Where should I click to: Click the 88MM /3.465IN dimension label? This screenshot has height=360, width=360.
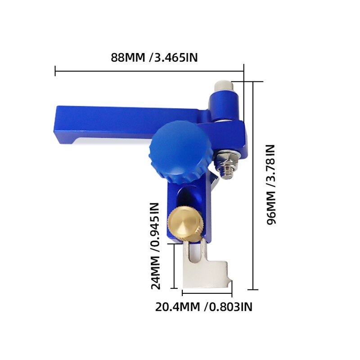click(x=154, y=58)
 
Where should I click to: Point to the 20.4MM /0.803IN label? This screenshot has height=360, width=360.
click(x=203, y=307)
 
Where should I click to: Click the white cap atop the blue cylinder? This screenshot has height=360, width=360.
click(x=222, y=85)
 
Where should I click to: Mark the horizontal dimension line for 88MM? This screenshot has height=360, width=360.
click(x=148, y=71)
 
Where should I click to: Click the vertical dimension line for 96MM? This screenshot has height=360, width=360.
click(x=253, y=185)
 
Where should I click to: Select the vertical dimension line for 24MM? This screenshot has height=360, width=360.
click(x=174, y=266)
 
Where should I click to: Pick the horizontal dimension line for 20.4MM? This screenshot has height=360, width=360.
click(x=207, y=293)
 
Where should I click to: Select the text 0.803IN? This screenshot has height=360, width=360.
click(x=229, y=307)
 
